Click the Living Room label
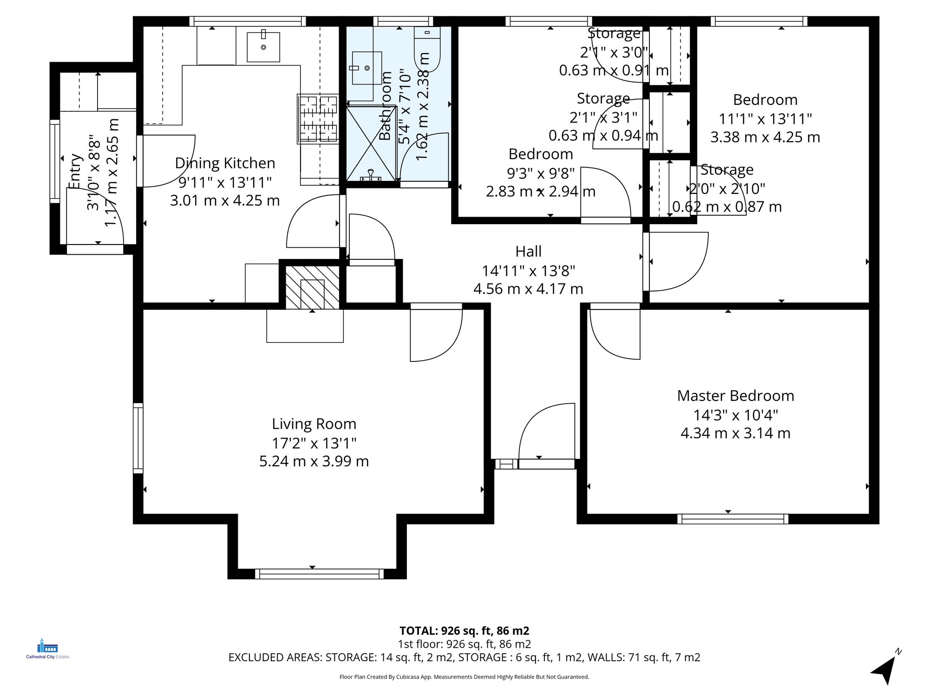[314, 424]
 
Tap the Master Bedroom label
[735, 396]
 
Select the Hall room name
[528, 251]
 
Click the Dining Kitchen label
[225, 163]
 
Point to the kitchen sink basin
[263, 47]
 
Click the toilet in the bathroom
[427, 49]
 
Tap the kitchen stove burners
[318, 118]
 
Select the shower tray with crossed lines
[371, 143]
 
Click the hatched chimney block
[312, 287]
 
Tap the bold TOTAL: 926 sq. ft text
[464, 631]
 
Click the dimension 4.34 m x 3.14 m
[735, 433]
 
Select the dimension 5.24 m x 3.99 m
[314, 461]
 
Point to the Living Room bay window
[319, 574]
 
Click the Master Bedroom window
[733, 519]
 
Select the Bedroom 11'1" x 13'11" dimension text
[765, 119]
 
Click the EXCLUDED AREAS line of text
[464, 657]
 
